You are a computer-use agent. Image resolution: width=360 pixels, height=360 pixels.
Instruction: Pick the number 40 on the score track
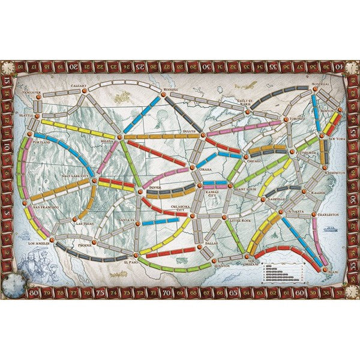(343, 66)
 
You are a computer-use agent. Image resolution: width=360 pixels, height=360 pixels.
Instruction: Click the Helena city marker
(120, 136)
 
